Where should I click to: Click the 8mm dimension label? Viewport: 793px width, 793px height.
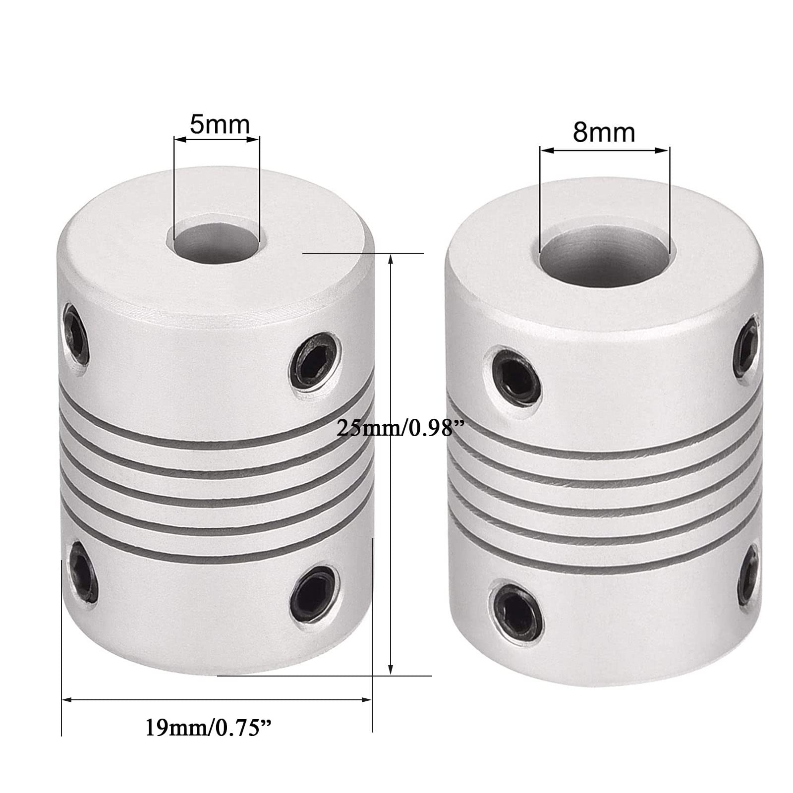[604, 133]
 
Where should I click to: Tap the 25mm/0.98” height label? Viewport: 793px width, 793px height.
[395, 427]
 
